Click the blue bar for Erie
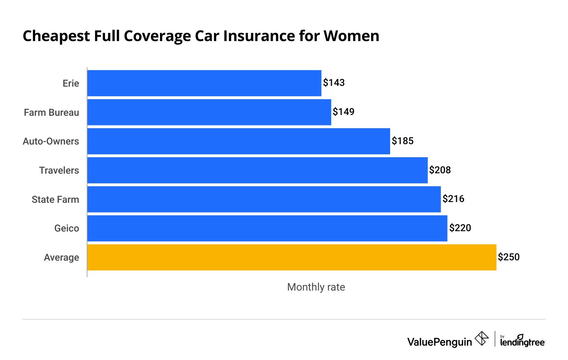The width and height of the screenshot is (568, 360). pos(204,83)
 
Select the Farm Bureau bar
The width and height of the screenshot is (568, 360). pos(209,112)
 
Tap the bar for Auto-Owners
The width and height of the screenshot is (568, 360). pos(238,141)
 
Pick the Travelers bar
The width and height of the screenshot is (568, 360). pos(257,170)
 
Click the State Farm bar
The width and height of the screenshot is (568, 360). pos(264,199)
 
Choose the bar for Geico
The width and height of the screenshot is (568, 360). pos(267,228)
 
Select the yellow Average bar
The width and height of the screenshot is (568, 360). pos(291,257)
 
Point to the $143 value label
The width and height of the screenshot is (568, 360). pos(334,83)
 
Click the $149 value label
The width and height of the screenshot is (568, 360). pos(343,112)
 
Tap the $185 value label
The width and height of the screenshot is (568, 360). pos(402,141)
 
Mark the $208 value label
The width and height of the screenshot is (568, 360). pos(440,170)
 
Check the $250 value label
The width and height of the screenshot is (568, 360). pos(509,257)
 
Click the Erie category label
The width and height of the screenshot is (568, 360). pos(71,83)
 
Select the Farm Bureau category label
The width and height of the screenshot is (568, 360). pos(52,112)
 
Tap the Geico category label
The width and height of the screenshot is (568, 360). pos(67,228)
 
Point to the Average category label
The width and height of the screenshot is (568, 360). pos(61,257)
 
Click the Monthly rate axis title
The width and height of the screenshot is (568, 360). pos(316,287)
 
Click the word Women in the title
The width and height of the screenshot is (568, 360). pos(351,36)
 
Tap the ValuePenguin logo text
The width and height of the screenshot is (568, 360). pos(439,342)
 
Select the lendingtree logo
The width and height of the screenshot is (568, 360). pos(522,341)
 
